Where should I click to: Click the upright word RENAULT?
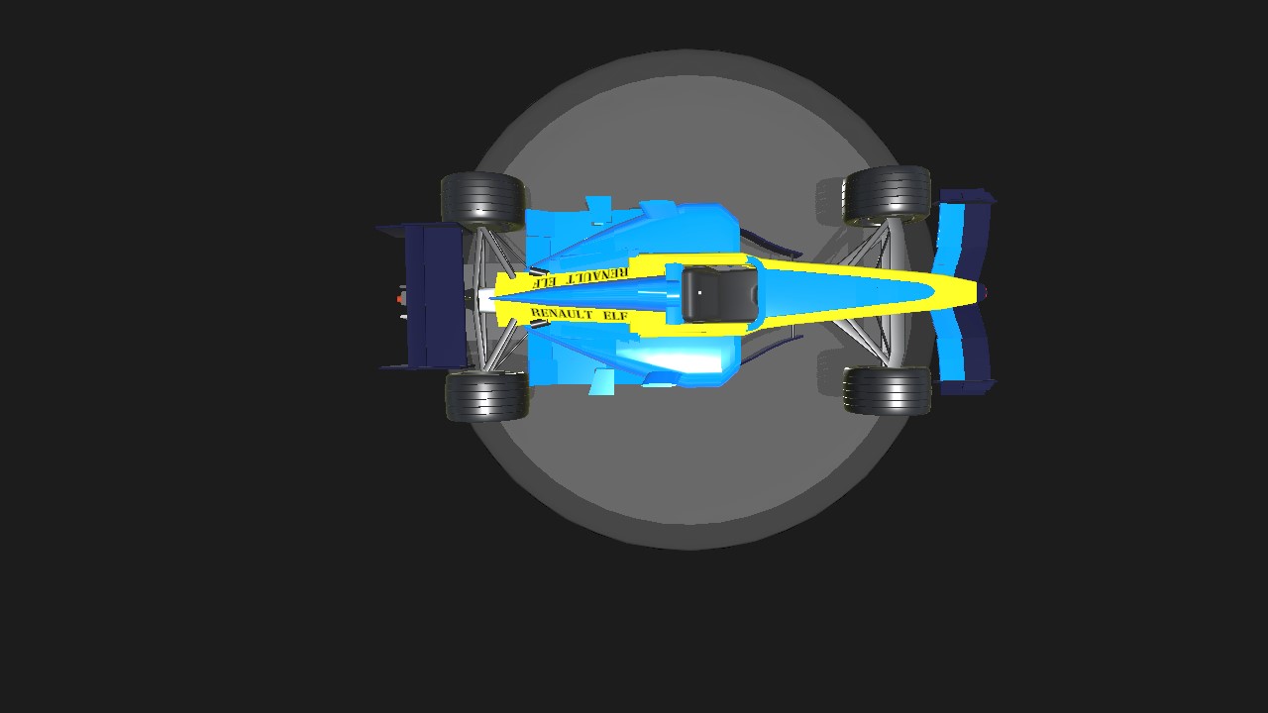click(562, 313)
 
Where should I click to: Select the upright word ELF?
click(615, 315)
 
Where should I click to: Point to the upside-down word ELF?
click(541, 280)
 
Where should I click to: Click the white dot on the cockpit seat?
click(699, 292)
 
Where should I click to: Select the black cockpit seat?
click(719, 294)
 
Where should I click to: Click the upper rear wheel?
click(482, 201)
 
